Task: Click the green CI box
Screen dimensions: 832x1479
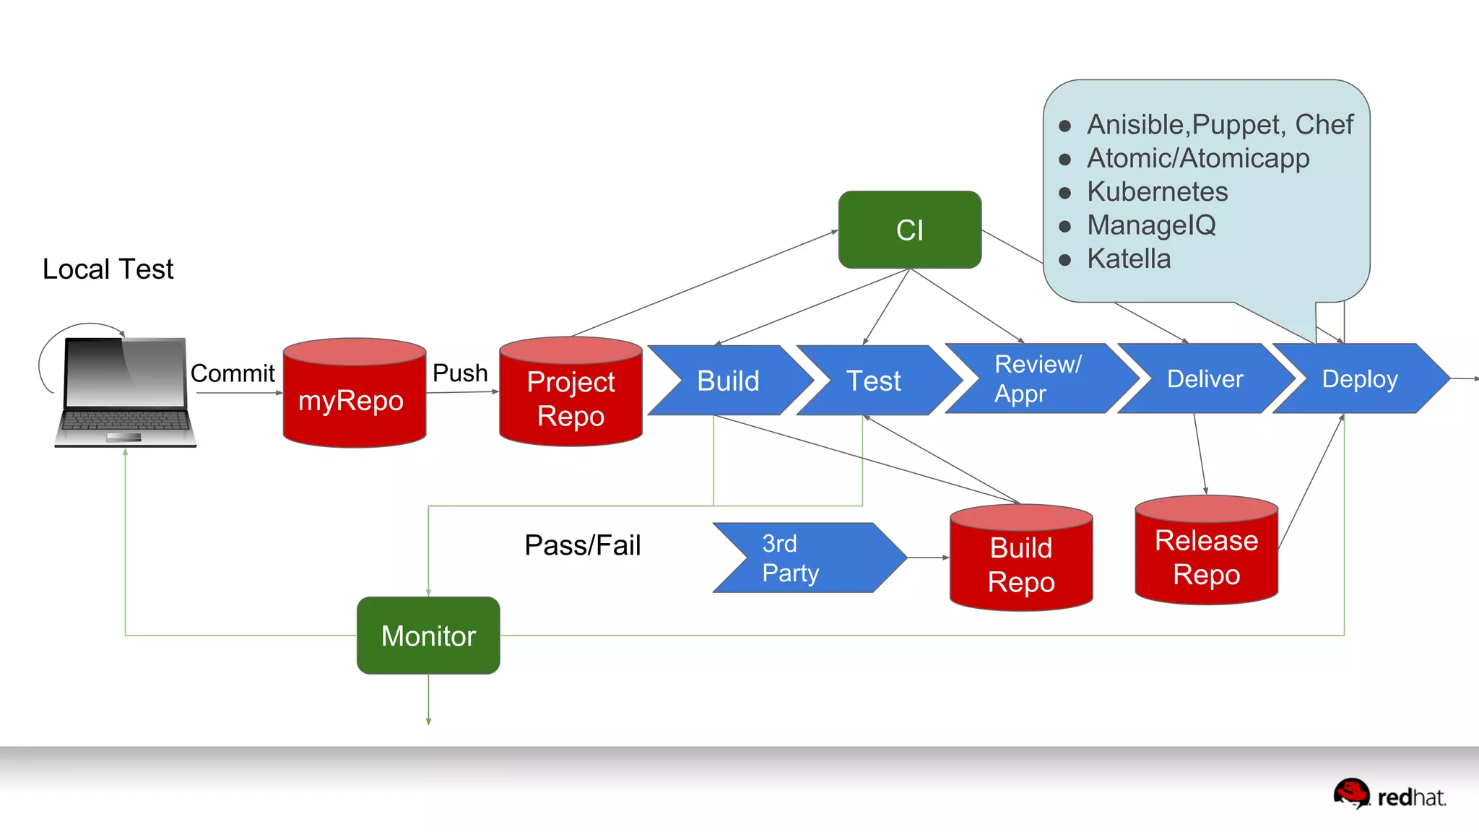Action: (x=909, y=230)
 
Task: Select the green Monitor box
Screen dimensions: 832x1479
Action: (x=428, y=636)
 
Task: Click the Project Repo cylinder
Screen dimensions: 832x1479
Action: (x=571, y=397)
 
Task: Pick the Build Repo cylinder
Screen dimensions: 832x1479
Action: (x=1021, y=563)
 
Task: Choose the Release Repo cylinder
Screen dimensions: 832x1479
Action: (x=1206, y=556)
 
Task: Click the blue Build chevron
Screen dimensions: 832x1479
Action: (x=728, y=381)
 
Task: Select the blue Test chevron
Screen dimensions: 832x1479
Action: (x=874, y=381)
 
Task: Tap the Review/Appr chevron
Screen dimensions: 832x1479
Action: (x=1038, y=378)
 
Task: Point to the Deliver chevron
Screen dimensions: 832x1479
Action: (x=1205, y=378)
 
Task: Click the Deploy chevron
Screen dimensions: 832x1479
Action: (x=1360, y=378)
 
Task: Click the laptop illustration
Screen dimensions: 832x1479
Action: (x=125, y=391)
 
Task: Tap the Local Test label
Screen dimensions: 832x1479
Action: (x=108, y=269)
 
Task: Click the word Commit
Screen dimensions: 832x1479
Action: (x=233, y=373)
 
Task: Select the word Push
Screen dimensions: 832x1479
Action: (x=460, y=373)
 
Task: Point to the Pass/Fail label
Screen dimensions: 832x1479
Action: (x=582, y=545)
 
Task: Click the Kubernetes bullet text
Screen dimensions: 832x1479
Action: (x=1157, y=191)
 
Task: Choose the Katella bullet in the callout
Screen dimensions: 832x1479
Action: (x=1129, y=259)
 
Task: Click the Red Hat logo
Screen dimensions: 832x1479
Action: (x=1389, y=794)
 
